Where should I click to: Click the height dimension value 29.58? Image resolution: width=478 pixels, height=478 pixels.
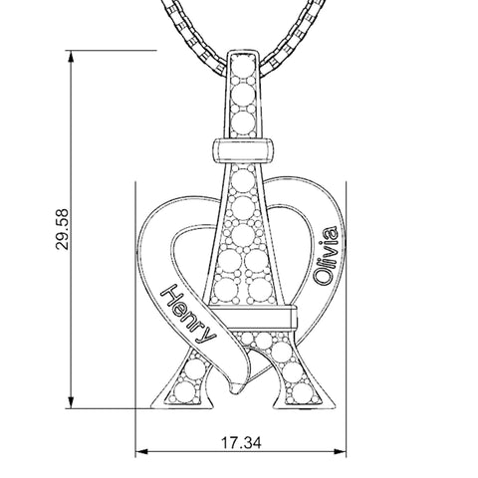[x=62, y=229]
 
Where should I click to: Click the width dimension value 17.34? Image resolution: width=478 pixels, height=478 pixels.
[x=241, y=442]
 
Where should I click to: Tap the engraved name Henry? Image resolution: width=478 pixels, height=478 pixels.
[x=188, y=314]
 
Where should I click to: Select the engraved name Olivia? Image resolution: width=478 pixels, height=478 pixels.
[x=327, y=256]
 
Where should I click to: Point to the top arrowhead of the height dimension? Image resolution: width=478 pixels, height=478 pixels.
[x=71, y=57]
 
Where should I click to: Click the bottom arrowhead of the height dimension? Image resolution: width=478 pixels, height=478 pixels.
[x=71, y=402]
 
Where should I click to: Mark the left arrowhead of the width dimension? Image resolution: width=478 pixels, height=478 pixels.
[x=141, y=451]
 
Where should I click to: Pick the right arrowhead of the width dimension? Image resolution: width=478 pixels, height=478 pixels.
[x=340, y=451]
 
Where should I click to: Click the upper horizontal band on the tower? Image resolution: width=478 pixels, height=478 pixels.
[x=243, y=150]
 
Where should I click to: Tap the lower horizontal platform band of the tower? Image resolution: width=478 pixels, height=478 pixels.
[x=253, y=316]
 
